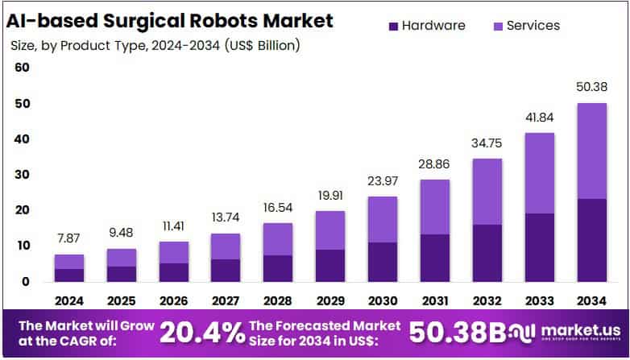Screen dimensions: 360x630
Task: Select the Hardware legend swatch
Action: coord(393,26)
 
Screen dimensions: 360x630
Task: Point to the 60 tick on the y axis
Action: coord(22,68)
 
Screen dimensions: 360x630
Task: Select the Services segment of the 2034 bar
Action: coord(591,151)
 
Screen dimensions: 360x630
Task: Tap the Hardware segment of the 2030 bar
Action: coord(382,262)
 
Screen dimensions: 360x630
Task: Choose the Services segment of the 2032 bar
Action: coord(487,192)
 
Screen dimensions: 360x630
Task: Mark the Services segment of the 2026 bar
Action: coord(173,252)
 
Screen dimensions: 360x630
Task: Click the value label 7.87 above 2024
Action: coord(68,240)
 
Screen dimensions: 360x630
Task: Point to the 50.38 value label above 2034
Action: coord(591,87)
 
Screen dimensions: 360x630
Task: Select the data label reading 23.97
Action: coord(382,181)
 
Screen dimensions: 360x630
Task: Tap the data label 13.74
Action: coord(226,218)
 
